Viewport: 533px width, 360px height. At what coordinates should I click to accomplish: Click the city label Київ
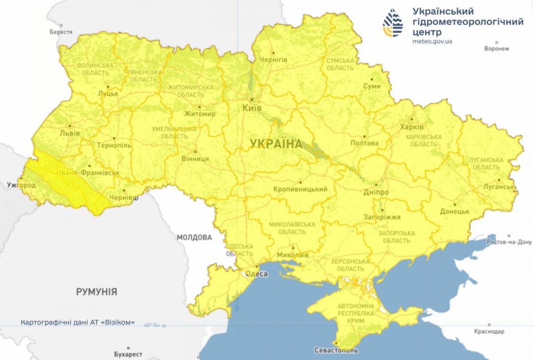point(252,108)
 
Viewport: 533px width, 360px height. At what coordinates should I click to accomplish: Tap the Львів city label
point(70,133)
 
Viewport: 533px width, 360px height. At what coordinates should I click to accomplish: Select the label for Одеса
point(257,274)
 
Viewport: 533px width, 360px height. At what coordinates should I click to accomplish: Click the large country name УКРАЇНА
point(276,144)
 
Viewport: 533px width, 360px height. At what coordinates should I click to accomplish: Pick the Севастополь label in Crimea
point(336,350)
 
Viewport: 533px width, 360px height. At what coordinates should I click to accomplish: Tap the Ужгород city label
point(21,185)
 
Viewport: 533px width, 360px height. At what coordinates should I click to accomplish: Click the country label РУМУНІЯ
point(96,292)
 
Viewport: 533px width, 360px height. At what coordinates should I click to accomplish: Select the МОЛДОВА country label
point(194,237)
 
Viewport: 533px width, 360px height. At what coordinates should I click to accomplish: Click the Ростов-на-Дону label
point(509,242)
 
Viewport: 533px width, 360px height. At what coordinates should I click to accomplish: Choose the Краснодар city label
point(489,331)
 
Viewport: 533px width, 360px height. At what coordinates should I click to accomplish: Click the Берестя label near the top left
point(61,32)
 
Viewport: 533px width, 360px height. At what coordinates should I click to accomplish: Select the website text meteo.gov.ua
point(432,41)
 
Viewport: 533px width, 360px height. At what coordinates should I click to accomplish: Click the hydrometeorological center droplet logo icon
point(393,23)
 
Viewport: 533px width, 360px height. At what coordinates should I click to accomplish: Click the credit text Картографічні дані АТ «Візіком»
point(78,322)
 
